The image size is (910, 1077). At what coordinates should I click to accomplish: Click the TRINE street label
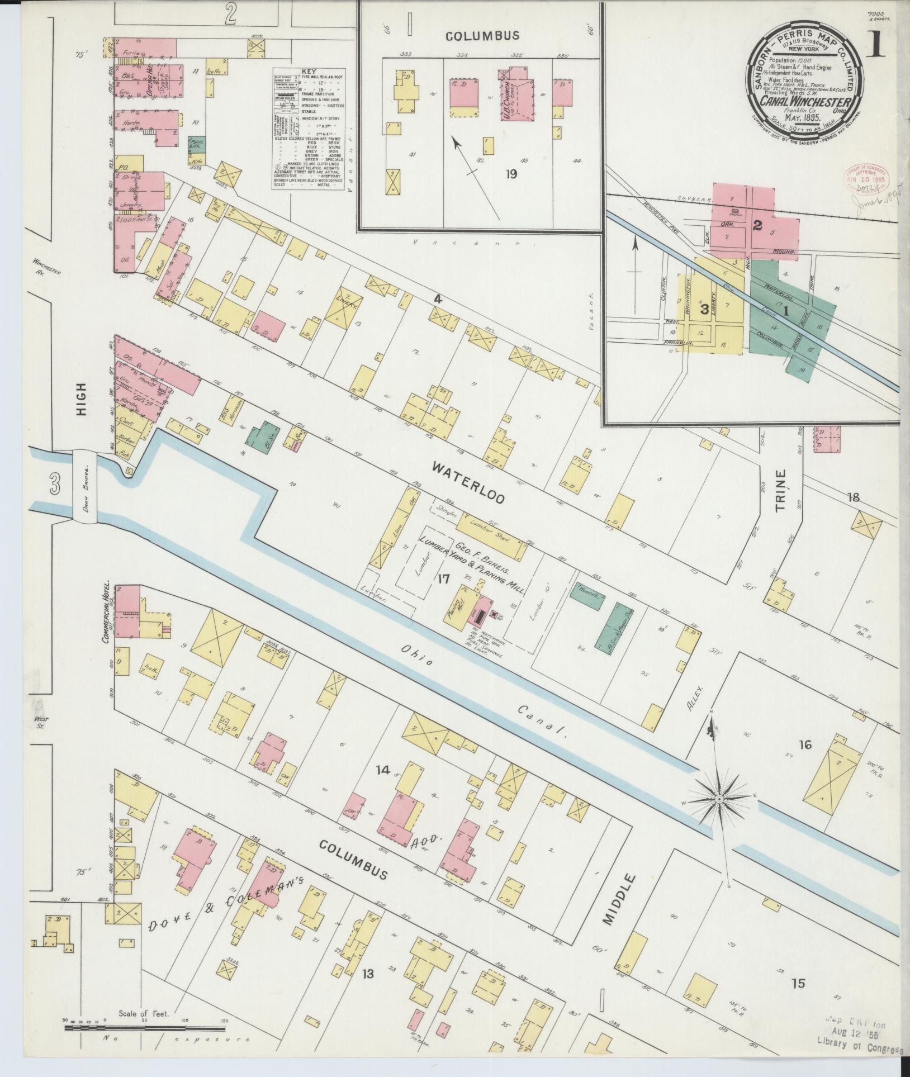pos(780,490)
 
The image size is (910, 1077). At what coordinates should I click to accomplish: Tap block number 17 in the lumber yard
pos(443,578)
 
